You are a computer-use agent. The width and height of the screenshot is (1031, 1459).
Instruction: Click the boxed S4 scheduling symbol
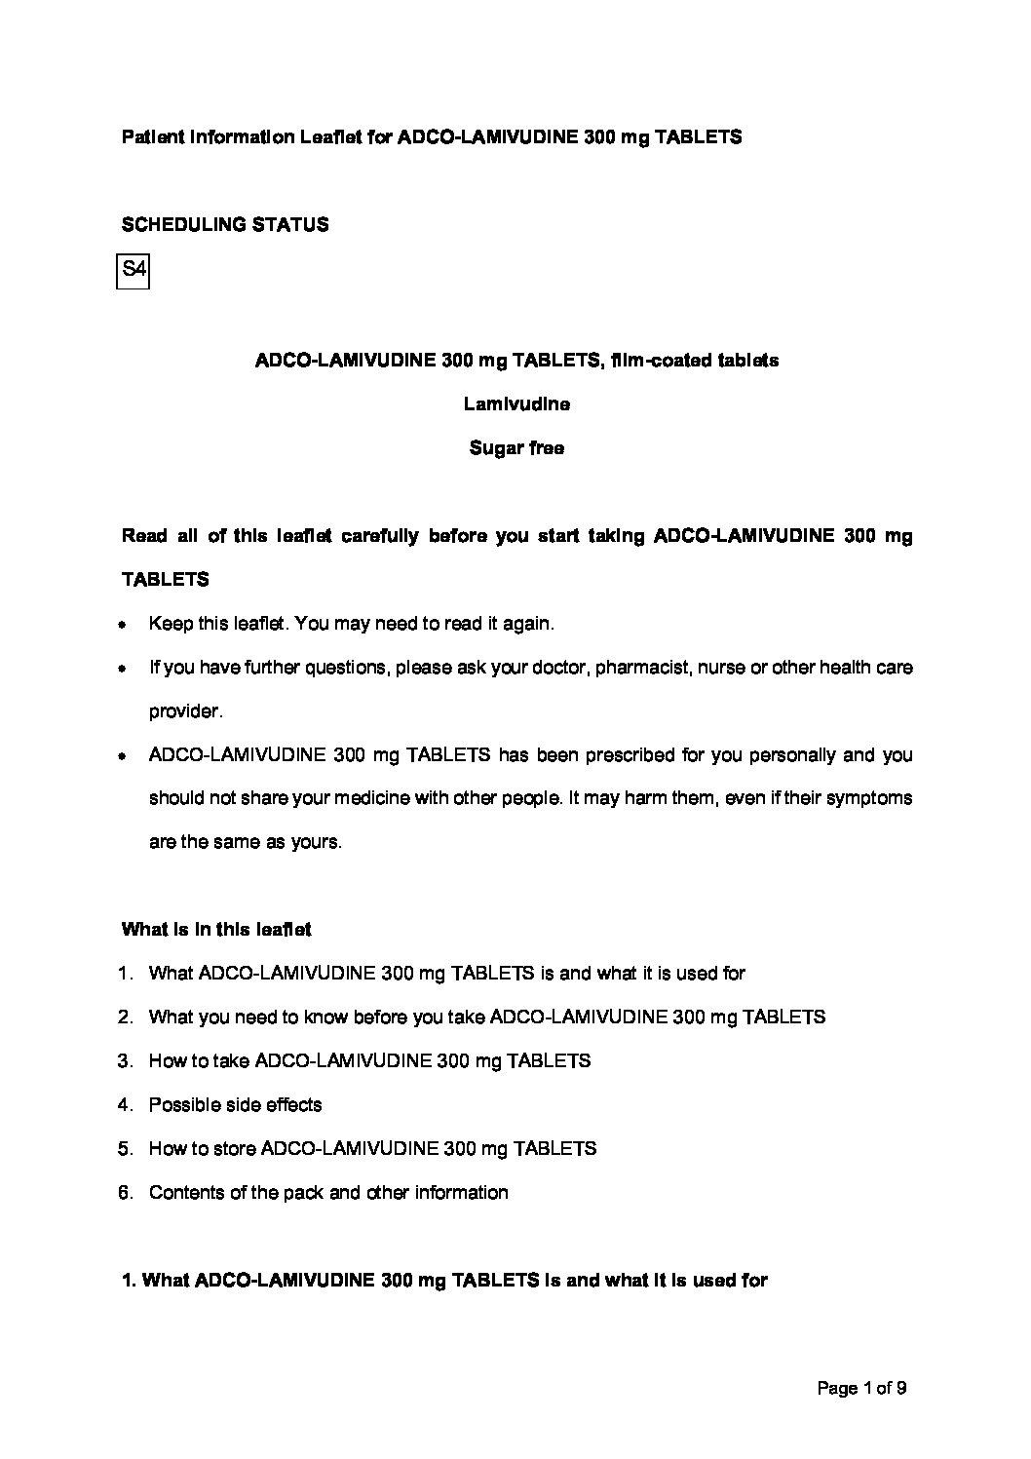point(133,270)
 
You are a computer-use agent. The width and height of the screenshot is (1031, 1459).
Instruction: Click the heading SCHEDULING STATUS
point(225,225)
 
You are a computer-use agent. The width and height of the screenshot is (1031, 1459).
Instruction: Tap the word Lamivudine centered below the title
point(516,404)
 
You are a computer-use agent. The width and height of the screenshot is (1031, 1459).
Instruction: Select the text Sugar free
point(516,448)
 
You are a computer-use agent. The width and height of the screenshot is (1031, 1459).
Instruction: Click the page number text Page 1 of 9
point(861,1388)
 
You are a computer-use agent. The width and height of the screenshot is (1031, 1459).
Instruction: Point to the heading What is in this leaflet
point(216,930)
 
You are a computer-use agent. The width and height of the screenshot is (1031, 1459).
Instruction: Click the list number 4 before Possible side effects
point(124,1105)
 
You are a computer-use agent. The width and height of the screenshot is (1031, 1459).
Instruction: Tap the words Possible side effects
point(235,1105)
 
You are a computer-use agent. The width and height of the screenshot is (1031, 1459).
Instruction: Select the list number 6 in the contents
point(124,1193)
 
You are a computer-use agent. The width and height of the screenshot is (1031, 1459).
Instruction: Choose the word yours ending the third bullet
point(316,842)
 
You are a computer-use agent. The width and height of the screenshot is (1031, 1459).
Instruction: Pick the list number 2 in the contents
point(124,1017)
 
